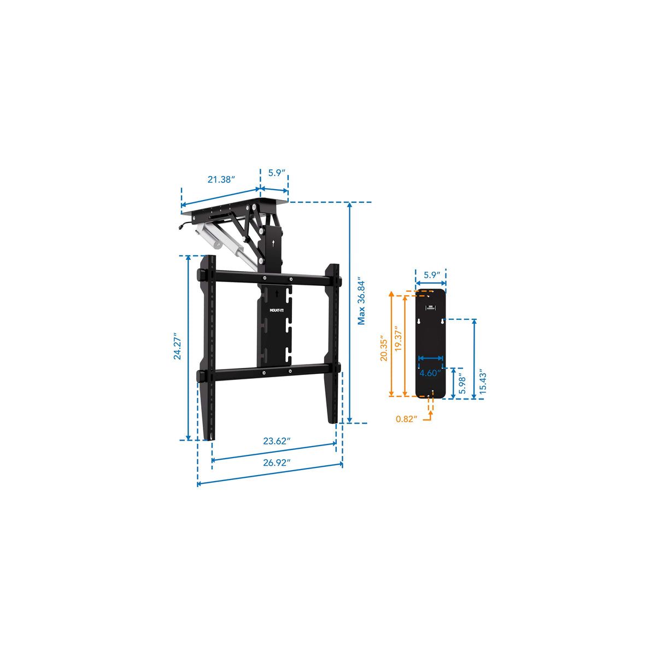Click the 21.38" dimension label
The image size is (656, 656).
click(221, 179)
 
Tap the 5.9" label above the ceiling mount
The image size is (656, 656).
click(277, 173)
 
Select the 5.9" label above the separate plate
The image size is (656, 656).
click(432, 275)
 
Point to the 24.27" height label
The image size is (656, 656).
click(177, 346)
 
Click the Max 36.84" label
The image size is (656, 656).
click(361, 303)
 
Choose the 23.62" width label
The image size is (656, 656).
click(277, 441)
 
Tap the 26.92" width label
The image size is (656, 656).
click(277, 462)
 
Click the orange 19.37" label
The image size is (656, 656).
click(399, 338)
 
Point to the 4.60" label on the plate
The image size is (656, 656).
click(430, 373)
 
